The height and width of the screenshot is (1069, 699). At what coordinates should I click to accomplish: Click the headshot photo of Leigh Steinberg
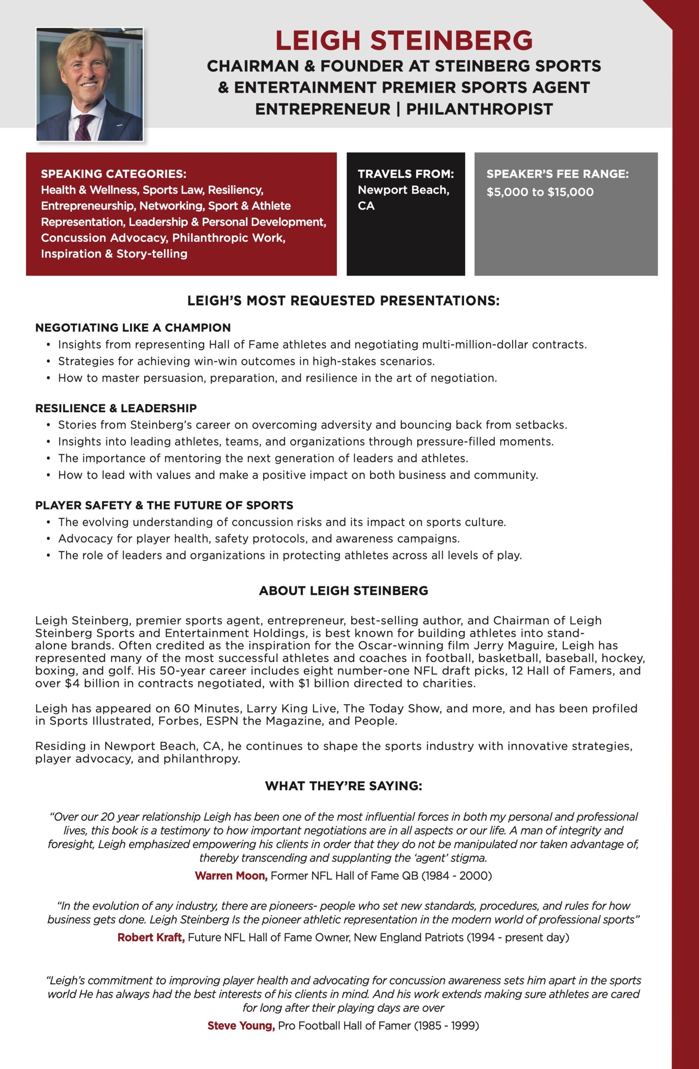click(x=89, y=84)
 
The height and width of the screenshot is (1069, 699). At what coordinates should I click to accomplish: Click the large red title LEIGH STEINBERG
click(x=403, y=41)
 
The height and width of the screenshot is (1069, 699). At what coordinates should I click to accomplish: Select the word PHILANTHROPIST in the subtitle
click(x=479, y=109)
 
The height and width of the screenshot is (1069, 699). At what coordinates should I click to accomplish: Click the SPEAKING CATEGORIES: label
click(x=113, y=174)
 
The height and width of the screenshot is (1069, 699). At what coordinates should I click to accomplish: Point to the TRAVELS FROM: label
click(x=405, y=174)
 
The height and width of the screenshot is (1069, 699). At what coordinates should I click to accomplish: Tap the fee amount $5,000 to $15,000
click(x=540, y=192)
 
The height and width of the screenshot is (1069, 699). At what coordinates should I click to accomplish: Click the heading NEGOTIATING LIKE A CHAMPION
click(x=133, y=327)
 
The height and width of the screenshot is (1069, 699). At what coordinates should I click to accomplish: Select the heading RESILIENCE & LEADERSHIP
click(x=116, y=408)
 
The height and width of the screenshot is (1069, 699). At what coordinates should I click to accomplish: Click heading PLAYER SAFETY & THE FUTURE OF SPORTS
click(x=164, y=505)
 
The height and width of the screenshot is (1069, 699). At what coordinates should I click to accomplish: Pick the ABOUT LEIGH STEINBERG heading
click(x=344, y=590)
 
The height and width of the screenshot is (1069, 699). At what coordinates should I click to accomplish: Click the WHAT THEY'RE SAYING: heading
click(x=344, y=785)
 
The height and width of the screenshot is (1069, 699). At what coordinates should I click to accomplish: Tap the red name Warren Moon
click(x=231, y=875)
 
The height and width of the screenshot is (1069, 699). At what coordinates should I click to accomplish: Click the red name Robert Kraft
click(x=151, y=937)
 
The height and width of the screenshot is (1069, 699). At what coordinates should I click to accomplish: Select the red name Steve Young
click(x=241, y=1026)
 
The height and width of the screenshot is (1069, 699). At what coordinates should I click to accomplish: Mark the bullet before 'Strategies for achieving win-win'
click(x=48, y=362)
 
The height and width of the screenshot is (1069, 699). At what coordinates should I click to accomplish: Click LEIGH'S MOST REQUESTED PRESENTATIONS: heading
click(x=343, y=301)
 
